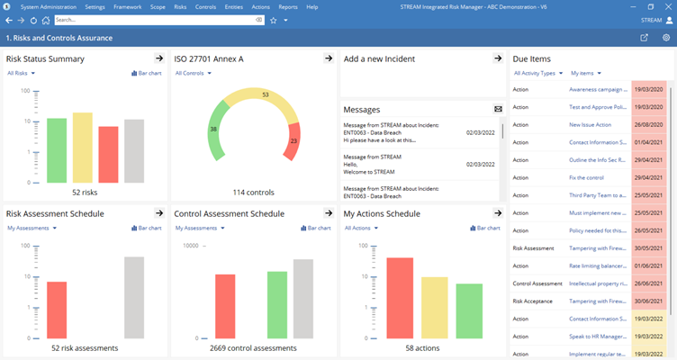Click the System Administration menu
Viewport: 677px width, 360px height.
(x=49, y=7)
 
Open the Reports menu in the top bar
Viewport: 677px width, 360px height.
(x=288, y=7)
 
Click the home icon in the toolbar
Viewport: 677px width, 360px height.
(x=46, y=20)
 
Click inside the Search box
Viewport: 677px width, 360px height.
(x=153, y=20)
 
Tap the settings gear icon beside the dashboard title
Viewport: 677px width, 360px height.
(x=666, y=38)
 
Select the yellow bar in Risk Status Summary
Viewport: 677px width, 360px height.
(x=83, y=148)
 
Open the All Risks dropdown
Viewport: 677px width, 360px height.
(x=22, y=74)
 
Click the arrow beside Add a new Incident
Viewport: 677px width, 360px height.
(x=498, y=58)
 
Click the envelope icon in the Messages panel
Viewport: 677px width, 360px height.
(x=498, y=109)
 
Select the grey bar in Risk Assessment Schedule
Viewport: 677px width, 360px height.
(x=134, y=297)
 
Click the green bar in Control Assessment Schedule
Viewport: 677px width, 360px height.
(x=277, y=305)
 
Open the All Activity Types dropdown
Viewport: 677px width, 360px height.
(x=538, y=74)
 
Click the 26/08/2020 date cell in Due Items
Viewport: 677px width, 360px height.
(x=648, y=125)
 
